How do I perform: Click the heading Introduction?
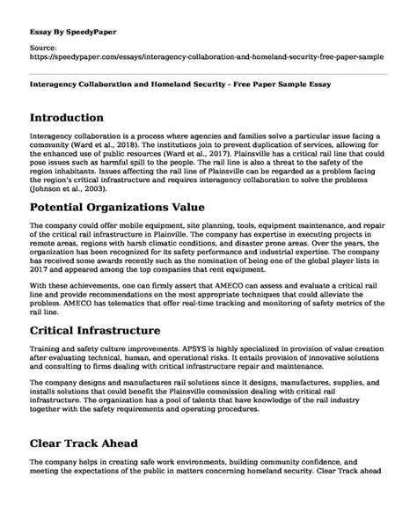(74, 117)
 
